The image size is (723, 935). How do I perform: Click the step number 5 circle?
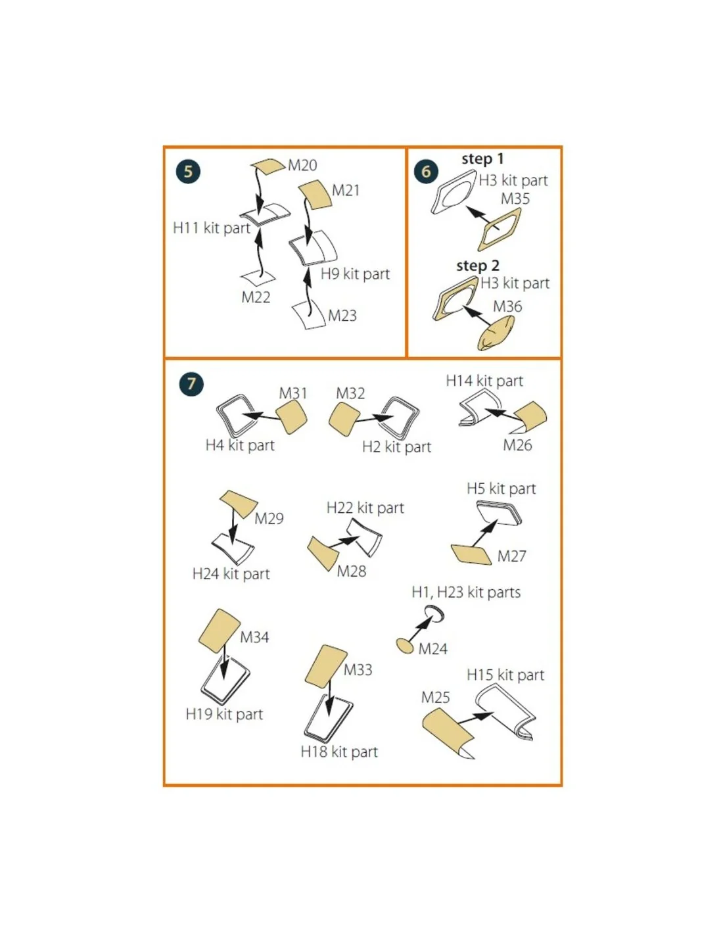188,171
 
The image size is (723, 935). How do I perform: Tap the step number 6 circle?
425,171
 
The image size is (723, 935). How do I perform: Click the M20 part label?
302,165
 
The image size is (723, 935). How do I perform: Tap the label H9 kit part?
356,274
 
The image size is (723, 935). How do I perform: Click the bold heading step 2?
477,266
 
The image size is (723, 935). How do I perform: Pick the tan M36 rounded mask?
496,333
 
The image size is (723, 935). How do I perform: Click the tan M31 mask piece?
291,416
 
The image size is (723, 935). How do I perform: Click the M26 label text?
517,445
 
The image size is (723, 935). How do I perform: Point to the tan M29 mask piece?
239,504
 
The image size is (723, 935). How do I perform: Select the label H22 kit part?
365,508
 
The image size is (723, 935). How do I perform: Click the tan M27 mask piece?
471,554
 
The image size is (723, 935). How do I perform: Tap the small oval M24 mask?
404,646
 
